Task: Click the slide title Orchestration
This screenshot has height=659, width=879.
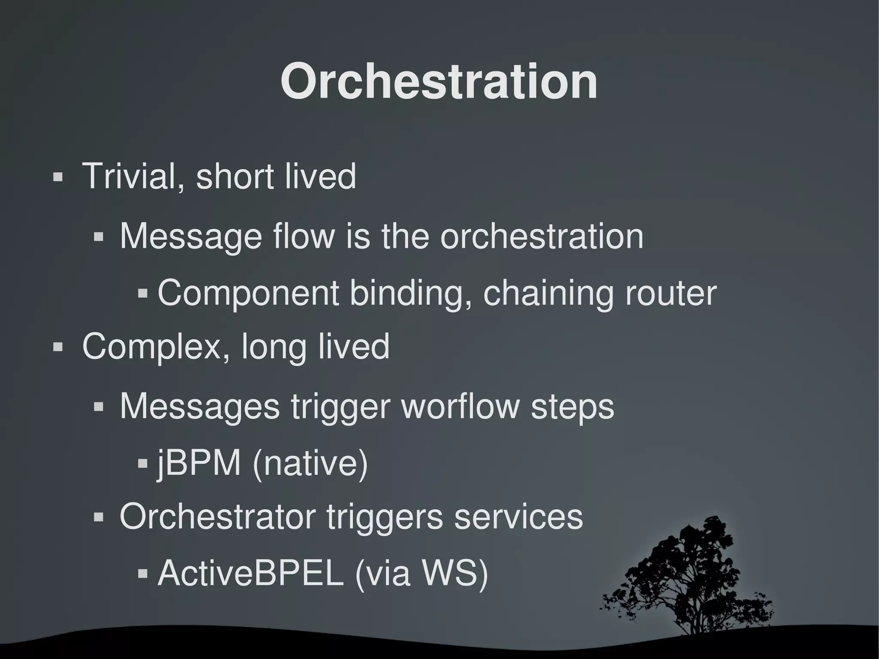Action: coord(439,82)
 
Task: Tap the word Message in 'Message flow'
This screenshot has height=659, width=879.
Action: coord(191,237)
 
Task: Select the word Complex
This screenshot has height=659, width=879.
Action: coord(150,347)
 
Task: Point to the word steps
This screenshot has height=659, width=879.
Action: coord(573,407)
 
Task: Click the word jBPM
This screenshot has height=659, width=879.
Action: coord(198,464)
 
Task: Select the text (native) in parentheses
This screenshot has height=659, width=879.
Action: coord(310,464)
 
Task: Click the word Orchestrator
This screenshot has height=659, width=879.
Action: coord(217,517)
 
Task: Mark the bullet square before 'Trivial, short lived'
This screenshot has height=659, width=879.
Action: coord(58,177)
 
